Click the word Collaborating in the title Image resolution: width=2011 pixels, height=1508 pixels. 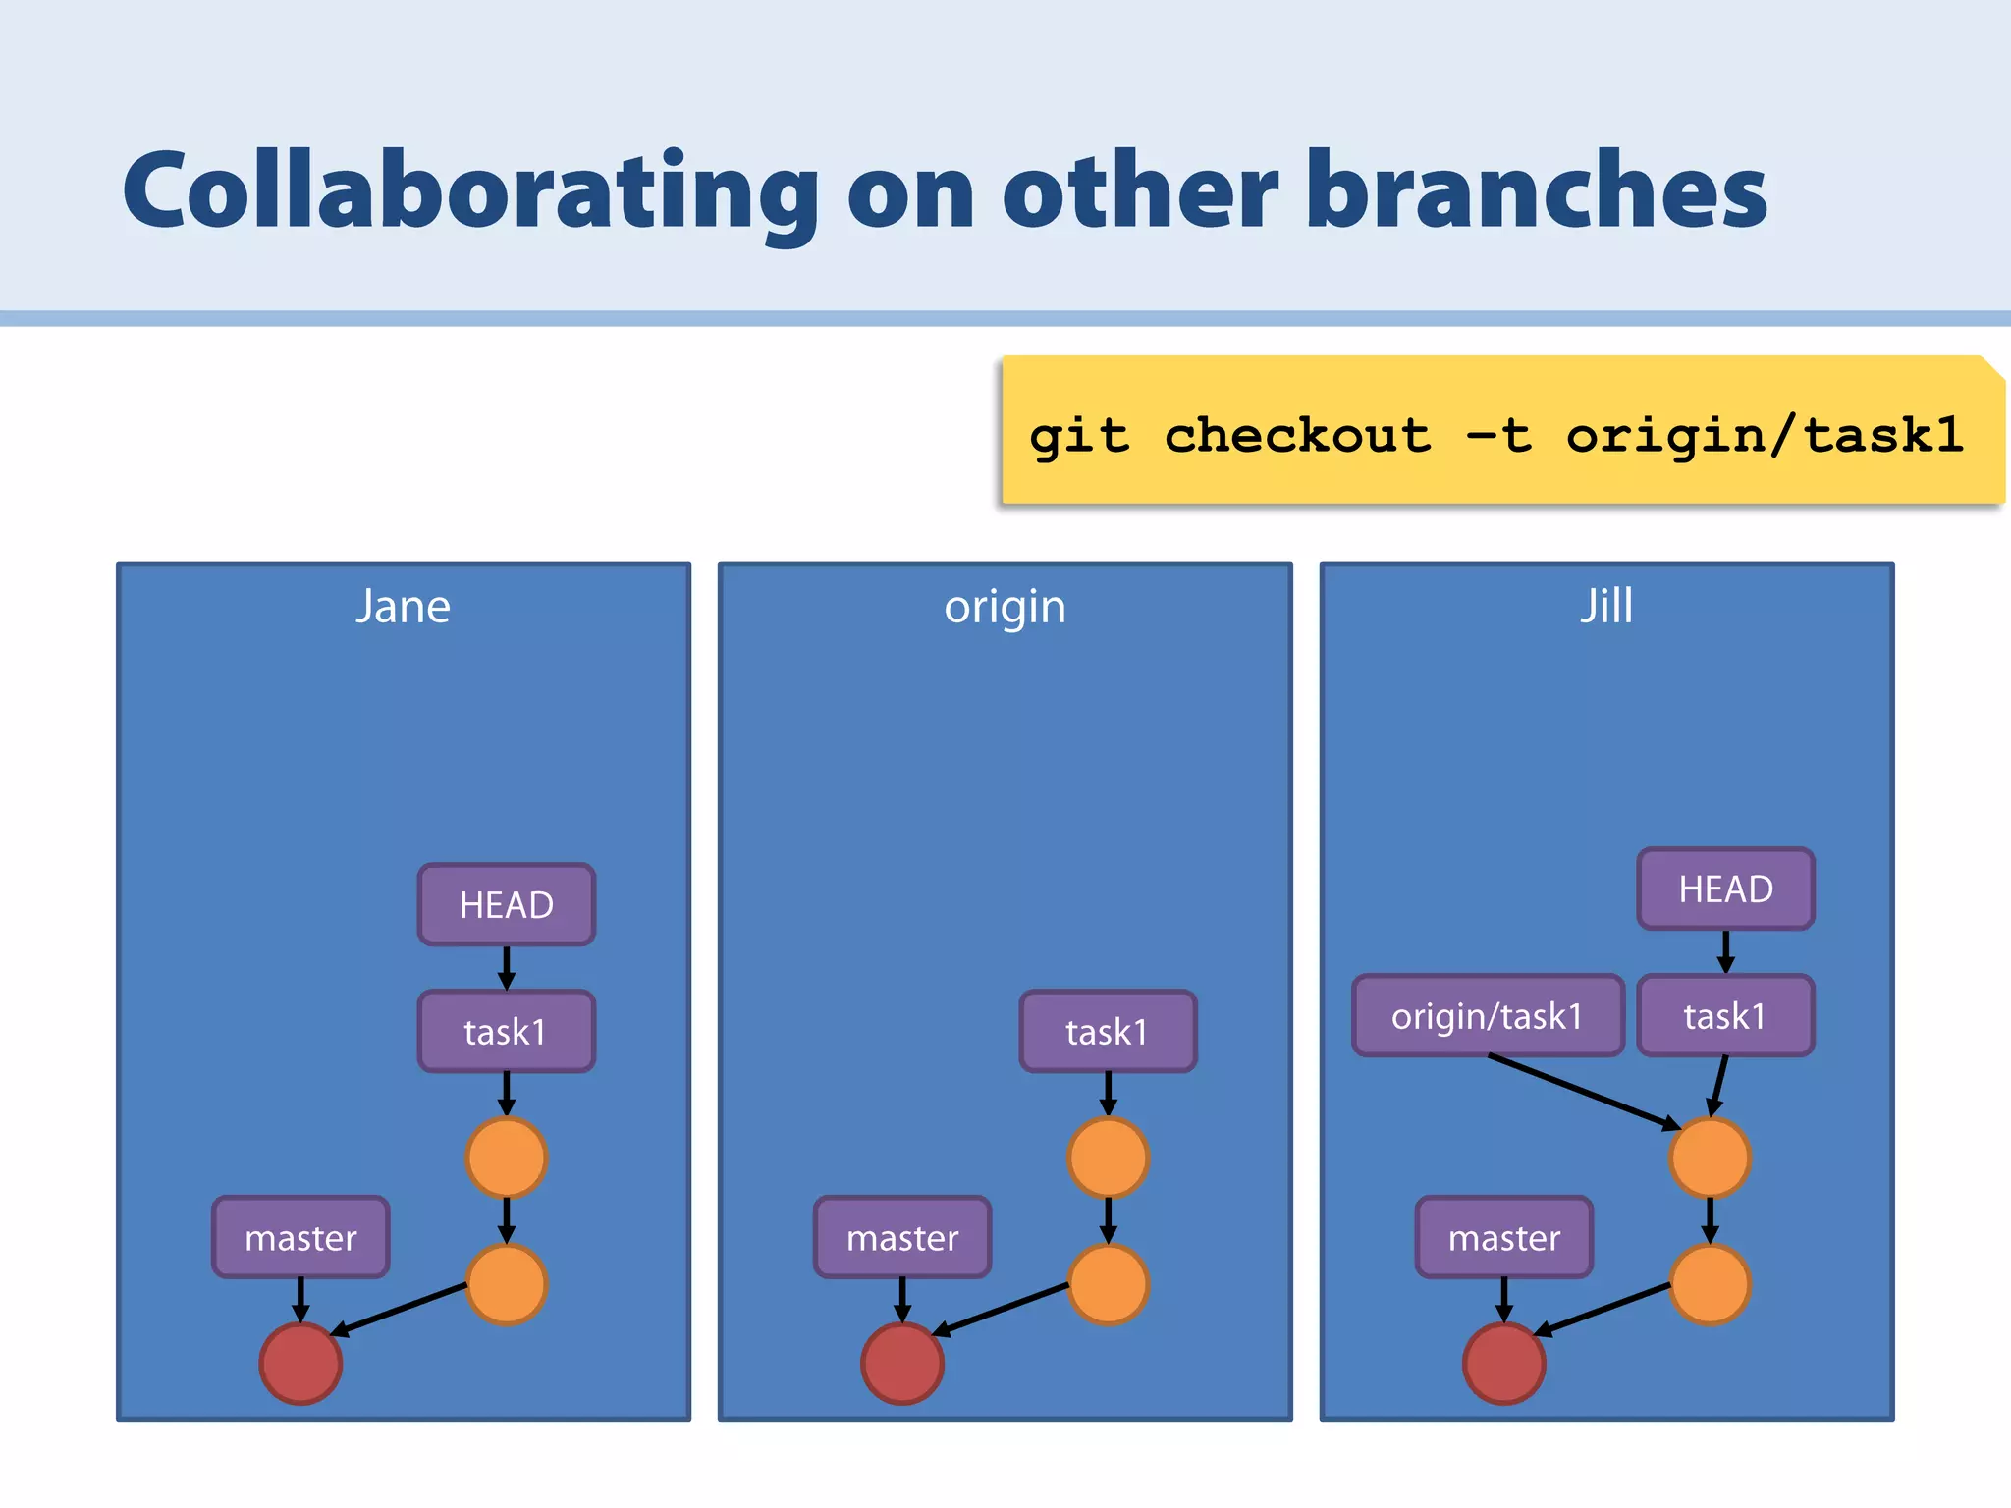[469, 190]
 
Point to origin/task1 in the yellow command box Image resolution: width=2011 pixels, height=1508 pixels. [1764, 435]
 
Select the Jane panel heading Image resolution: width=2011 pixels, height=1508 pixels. [403, 607]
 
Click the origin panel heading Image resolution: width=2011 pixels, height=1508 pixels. [1005, 607]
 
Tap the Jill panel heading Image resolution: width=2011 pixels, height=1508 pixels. [1606, 606]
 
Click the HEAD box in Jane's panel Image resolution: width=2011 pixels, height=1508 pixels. [507, 904]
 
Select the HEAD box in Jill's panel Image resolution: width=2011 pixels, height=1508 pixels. [1725, 889]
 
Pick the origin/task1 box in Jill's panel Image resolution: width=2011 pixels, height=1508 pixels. [1488, 1016]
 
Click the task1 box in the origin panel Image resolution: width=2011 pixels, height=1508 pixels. [1108, 1032]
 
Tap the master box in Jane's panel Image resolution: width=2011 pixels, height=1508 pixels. [300, 1237]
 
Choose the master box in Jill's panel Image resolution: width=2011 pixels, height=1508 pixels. [1504, 1237]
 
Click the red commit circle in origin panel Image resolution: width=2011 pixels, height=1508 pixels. [902, 1363]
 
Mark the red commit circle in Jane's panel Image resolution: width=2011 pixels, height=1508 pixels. [300, 1363]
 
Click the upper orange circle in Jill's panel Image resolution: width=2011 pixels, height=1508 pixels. [1710, 1158]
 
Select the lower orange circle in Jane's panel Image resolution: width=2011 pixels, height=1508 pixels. [507, 1284]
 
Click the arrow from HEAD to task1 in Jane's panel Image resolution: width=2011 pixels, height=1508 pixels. [507, 967]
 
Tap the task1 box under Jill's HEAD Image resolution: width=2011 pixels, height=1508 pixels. [1725, 1016]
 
